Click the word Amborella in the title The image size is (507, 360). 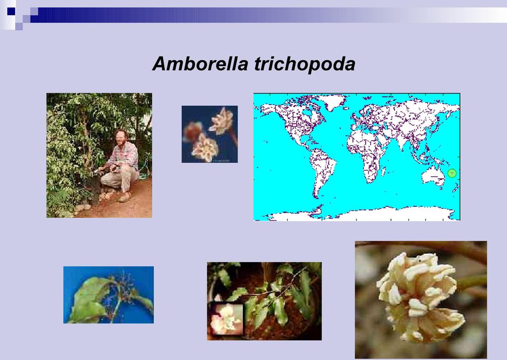[x=200, y=63]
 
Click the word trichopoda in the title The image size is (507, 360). [x=305, y=64]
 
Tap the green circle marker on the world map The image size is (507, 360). [x=452, y=173]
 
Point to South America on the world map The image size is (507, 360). [x=322, y=170]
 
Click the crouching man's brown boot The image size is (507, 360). [x=125, y=197]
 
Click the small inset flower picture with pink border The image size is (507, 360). [x=227, y=319]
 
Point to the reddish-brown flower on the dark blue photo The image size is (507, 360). [x=193, y=131]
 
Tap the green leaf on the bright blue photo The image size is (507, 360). [x=90, y=299]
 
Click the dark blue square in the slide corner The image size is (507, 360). [x=11, y=12]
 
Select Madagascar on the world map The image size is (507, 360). [x=384, y=171]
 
